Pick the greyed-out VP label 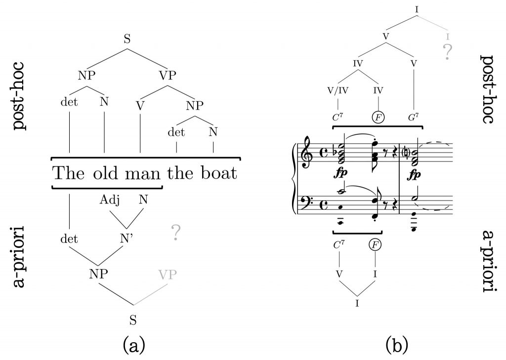pos(168,275)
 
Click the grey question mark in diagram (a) pos(175,233)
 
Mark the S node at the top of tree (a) pos(127,40)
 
